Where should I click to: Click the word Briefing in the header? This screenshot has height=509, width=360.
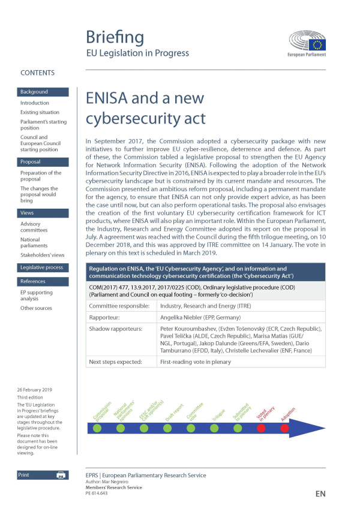(x=115, y=37)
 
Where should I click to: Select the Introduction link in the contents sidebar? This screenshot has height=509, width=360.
(x=35, y=103)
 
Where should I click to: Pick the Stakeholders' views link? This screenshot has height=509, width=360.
(x=42, y=255)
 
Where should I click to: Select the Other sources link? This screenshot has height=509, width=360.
(x=36, y=308)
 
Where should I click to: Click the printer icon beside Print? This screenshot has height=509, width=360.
(x=61, y=475)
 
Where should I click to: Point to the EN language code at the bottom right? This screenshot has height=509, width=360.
(x=320, y=494)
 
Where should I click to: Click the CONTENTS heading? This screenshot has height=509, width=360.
(x=37, y=73)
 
